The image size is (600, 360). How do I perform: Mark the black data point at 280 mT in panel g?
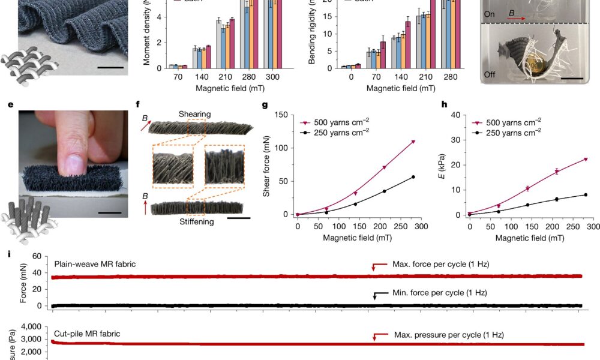pyautogui.click(x=413, y=177)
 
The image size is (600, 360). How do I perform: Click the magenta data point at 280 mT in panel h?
pyautogui.click(x=585, y=160)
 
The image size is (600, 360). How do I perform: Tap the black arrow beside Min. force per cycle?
pyautogui.click(x=376, y=295)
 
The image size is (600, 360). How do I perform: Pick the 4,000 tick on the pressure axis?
pyautogui.click(x=30, y=327)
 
